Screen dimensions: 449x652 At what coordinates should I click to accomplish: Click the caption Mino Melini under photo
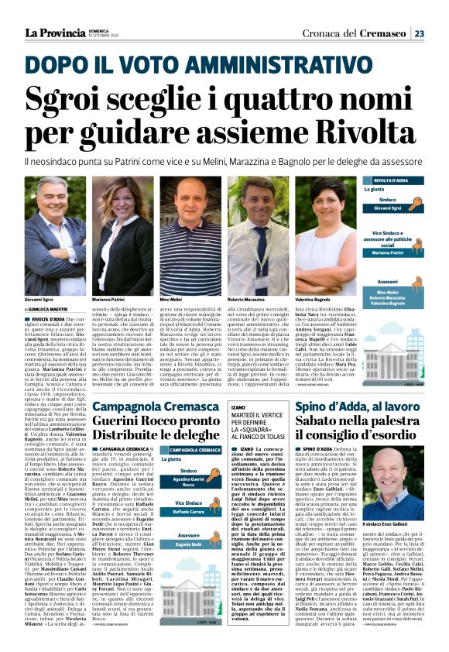[171, 299]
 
